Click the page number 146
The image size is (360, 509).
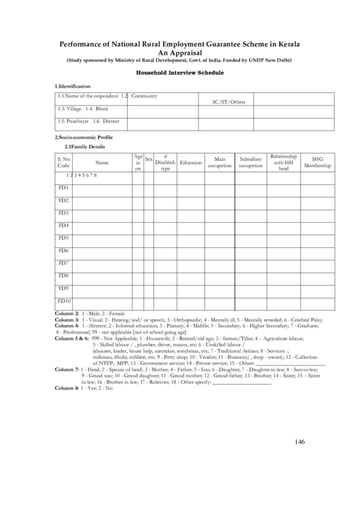pyautogui.click(x=300, y=442)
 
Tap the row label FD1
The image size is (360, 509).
pyautogui.click(x=64, y=188)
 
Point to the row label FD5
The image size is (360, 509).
pyautogui.click(x=64, y=238)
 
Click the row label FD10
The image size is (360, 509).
pyautogui.click(x=65, y=300)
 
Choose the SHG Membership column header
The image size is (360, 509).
pyautogui.click(x=317, y=162)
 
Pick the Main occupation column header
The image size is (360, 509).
pyautogui.click(x=219, y=162)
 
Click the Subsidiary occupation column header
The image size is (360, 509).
pyautogui.click(x=251, y=162)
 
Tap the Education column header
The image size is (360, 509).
pyautogui.click(x=191, y=162)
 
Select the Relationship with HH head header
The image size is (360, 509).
pyautogui.click(x=284, y=162)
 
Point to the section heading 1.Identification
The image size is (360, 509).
pyautogui.click(x=73, y=86)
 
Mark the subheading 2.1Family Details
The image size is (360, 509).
pyautogui.click(x=84, y=146)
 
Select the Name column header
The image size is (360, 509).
pyautogui.click(x=102, y=162)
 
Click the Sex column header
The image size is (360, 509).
pyautogui.click(x=149, y=158)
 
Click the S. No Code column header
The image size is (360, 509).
pyautogui.click(x=64, y=162)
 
